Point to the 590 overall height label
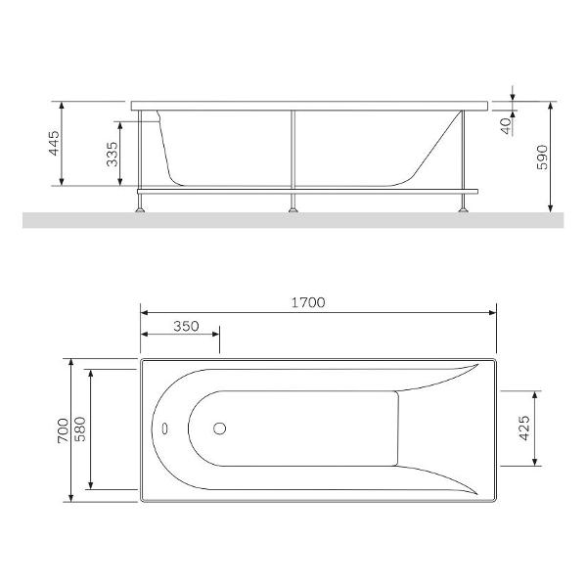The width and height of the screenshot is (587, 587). [569, 157]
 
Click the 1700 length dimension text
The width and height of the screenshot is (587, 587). [308, 302]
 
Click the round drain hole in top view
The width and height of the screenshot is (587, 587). [220, 429]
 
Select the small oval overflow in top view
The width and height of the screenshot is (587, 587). [163, 429]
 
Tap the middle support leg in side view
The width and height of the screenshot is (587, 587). [292, 157]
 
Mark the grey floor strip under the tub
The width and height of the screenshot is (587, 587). [293, 220]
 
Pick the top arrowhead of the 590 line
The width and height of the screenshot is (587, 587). [552, 104]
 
